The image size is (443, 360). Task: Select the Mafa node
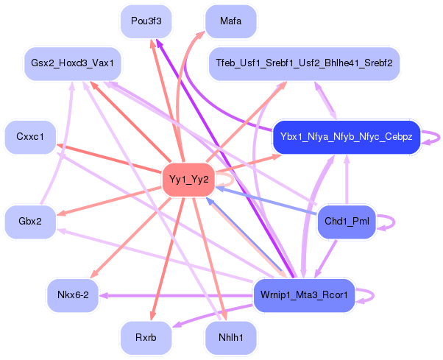point(230,21)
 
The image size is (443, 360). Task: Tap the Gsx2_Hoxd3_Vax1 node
point(72,64)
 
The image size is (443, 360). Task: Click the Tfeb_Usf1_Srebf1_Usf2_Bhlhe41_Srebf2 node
point(304,64)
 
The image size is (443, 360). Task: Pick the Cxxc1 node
point(30,137)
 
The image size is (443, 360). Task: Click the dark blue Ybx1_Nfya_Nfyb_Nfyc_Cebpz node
point(346,137)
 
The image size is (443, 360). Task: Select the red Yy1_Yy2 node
point(188,180)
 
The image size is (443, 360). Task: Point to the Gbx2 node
point(30,222)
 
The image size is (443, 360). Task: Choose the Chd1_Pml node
point(346,222)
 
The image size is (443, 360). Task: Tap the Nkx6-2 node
point(72,295)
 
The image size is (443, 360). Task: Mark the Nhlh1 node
point(230,338)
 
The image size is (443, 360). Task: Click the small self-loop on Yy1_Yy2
point(230,179)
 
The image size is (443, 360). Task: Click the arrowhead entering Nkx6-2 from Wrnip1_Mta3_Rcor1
point(104,295)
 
